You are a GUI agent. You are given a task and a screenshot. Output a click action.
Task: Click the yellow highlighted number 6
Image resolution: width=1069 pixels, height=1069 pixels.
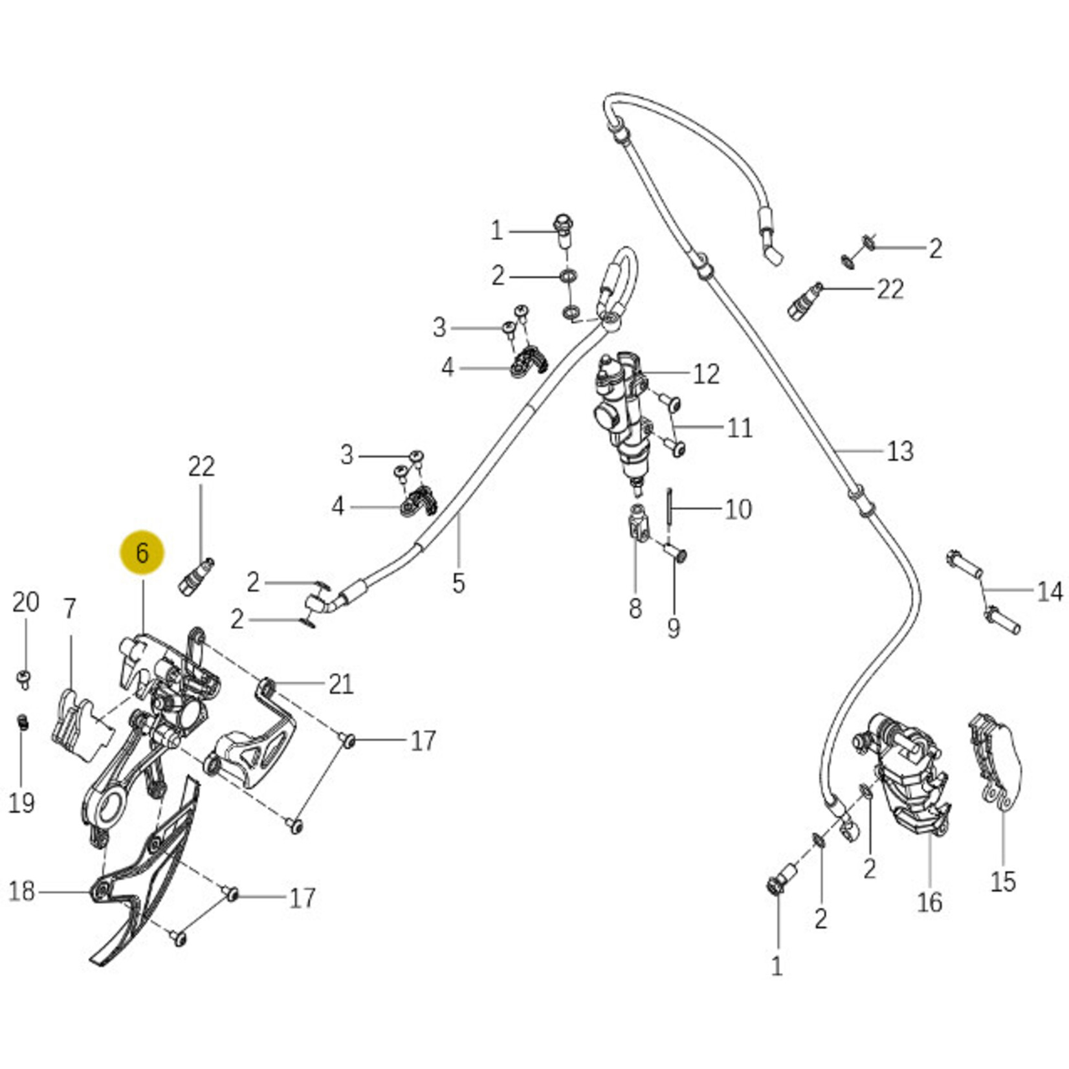click(142, 553)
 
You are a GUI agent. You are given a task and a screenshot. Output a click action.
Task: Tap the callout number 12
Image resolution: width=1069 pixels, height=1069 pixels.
click(706, 374)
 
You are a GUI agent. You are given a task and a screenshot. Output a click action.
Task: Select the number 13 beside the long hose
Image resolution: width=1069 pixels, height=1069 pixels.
click(899, 451)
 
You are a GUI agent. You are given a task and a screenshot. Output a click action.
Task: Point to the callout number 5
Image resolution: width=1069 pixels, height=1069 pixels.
click(458, 583)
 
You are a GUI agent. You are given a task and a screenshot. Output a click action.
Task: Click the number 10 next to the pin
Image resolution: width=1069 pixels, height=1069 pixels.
click(738, 509)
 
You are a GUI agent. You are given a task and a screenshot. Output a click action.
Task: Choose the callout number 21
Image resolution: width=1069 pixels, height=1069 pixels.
click(341, 684)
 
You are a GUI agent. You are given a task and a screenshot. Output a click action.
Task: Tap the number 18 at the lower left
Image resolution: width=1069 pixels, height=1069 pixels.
click(21, 892)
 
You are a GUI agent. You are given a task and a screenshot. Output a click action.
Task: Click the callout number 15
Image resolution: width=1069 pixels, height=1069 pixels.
click(1003, 881)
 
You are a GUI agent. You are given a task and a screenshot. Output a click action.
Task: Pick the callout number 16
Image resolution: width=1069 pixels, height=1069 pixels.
click(929, 902)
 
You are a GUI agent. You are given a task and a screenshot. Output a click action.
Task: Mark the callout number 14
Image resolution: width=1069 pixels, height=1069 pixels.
click(1050, 591)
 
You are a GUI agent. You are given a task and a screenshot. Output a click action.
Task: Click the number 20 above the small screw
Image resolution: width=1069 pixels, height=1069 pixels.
click(25, 602)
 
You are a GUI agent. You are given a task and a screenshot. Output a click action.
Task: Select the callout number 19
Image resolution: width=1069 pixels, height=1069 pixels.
click(21, 803)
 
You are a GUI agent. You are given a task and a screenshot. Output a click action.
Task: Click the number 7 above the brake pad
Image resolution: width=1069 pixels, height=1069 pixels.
click(70, 608)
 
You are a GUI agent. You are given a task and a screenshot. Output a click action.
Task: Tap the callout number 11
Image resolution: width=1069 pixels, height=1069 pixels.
click(740, 428)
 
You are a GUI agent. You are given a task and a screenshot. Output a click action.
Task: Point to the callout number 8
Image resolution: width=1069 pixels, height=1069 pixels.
click(635, 608)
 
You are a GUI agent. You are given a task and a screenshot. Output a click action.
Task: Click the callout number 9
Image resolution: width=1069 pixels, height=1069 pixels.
click(674, 628)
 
